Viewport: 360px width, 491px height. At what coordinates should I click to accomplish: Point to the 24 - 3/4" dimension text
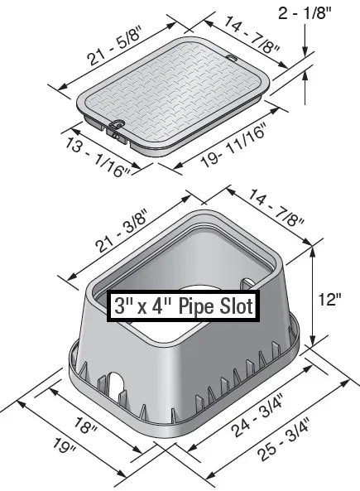(x=247, y=414)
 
